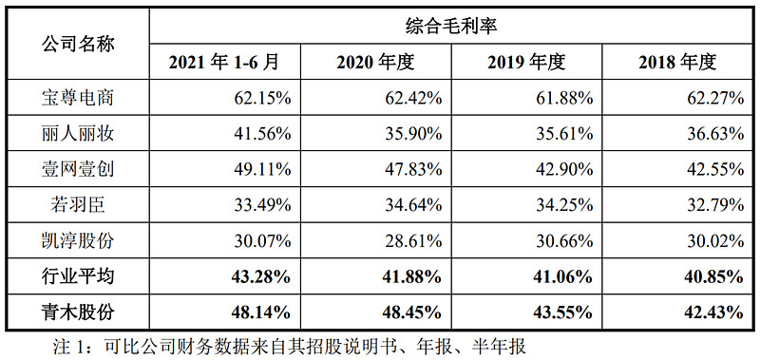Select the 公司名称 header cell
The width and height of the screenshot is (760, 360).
79,45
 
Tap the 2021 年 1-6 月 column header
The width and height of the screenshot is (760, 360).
225,63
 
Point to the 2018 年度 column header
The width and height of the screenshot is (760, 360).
677,63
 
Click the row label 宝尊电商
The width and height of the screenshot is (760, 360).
79,97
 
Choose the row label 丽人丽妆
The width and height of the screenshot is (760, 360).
79,133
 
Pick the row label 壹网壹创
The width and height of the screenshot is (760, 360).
79,169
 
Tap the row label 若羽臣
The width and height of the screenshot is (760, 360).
79,204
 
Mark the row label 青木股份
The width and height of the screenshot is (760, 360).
79,310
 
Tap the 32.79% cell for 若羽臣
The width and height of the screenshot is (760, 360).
712,204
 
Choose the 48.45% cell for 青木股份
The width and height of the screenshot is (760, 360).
408,310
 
